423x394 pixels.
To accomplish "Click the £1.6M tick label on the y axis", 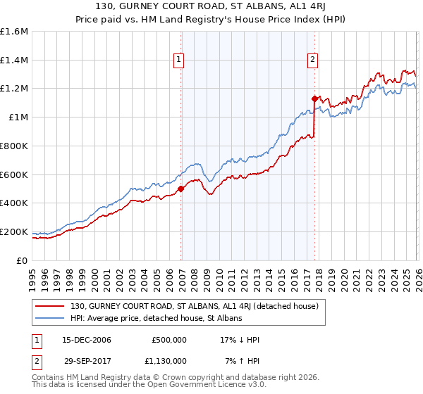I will click(14, 32).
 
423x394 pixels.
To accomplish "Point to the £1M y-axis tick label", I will click(18, 117).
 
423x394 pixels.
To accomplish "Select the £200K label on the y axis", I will click(14, 231).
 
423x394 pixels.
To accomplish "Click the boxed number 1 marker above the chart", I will click(180, 61).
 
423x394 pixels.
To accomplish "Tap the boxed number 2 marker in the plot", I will click(312, 61).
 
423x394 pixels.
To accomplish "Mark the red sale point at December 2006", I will click(181, 189).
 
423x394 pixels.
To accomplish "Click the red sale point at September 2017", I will click(315, 99).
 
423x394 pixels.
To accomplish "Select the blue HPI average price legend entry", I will click(156, 318).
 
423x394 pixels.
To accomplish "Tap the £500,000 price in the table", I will click(168, 340).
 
